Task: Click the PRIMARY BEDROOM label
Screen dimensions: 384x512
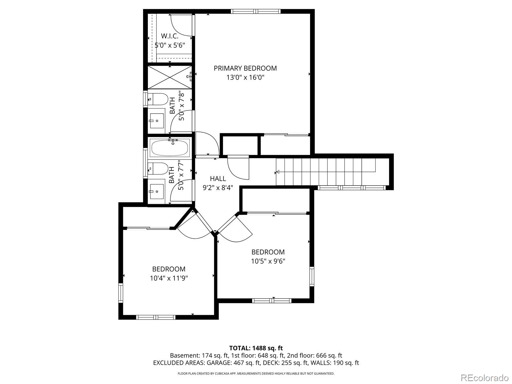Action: point(245,68)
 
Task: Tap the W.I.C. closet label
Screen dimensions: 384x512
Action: point(170,36)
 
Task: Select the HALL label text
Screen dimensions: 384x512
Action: point(218,179)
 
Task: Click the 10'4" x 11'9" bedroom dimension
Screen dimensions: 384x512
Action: point(169,278)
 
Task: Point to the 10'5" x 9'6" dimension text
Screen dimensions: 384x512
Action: point(268,261)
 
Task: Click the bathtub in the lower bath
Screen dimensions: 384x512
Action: point(170,148)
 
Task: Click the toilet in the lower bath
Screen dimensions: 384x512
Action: point(158,168)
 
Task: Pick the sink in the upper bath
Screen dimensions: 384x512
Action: point(156,121)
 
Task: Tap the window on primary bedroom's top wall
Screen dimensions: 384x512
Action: point(256,12)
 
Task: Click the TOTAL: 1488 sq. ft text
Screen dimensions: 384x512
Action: point(256,348)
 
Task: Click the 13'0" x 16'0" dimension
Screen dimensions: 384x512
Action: point(245,77)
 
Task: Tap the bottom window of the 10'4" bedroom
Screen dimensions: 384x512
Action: point(156,317)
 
